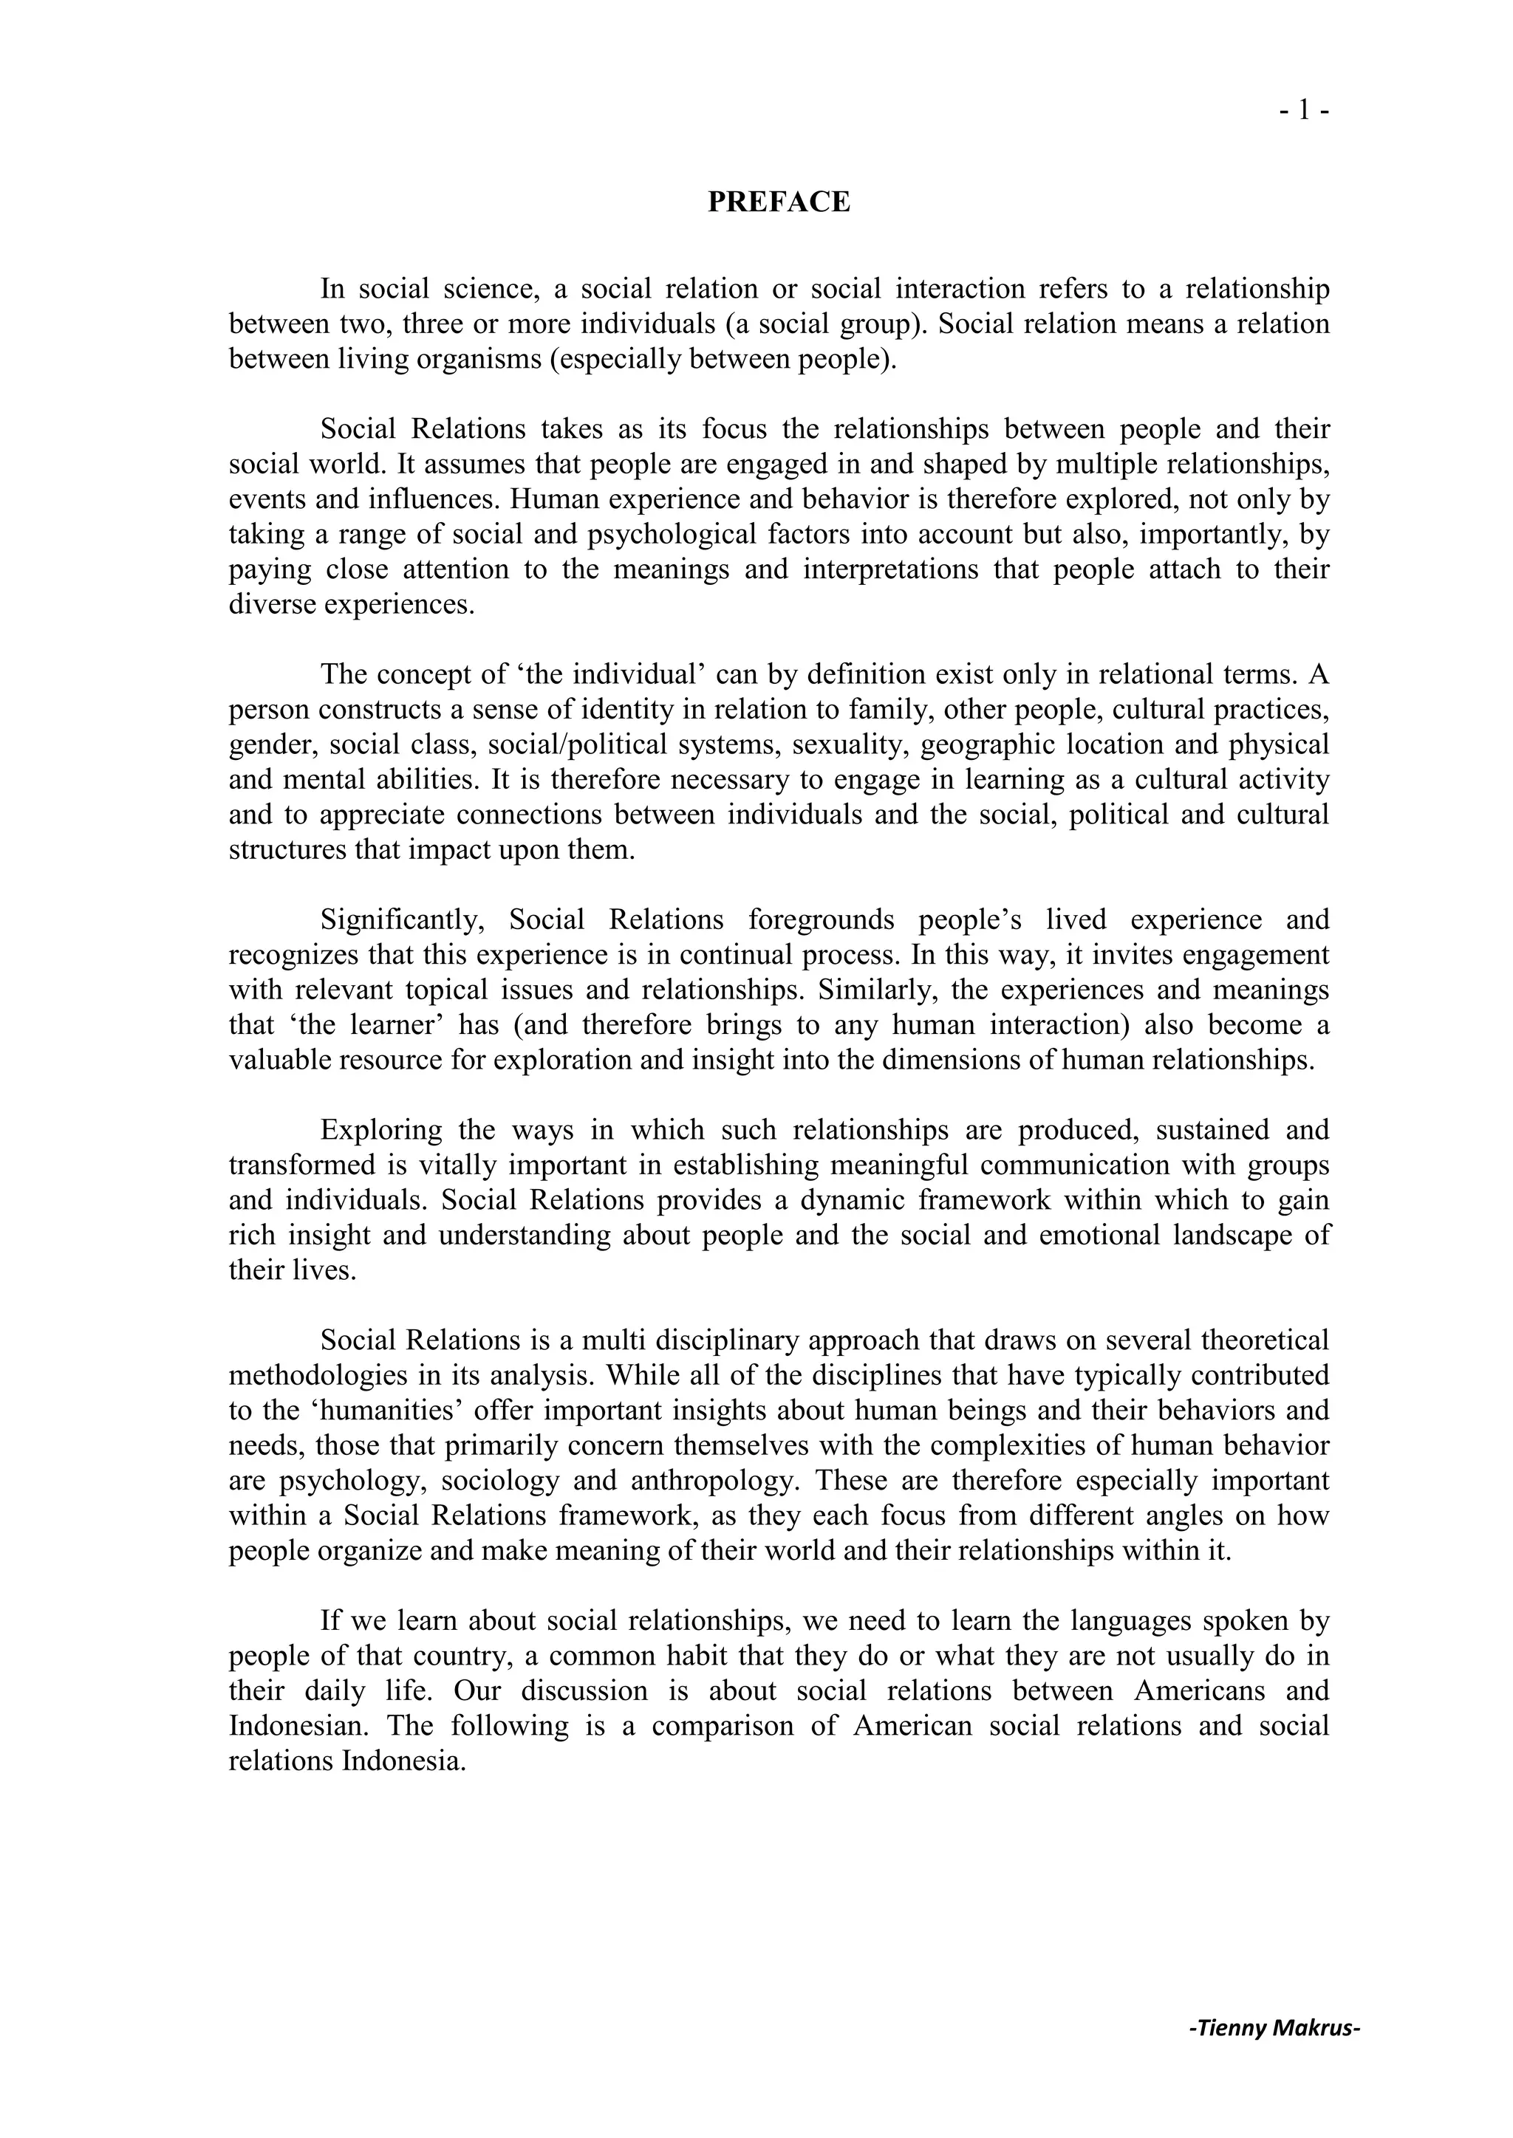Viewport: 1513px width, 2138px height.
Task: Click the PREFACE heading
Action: [x=779, y=202]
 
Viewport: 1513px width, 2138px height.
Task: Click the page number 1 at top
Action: [x=1303, y=110]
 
